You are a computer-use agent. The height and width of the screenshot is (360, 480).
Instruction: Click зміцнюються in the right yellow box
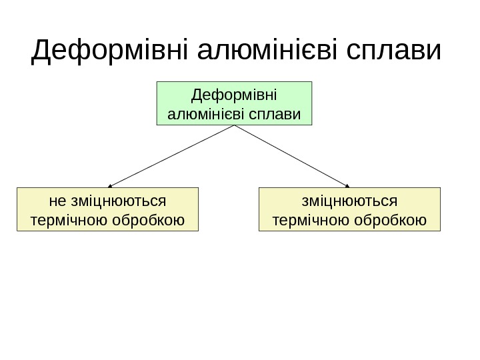pyautogui.click(x=349, y=200)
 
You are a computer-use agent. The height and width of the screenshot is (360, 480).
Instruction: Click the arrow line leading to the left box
pyautogui.click(x=172, y=155)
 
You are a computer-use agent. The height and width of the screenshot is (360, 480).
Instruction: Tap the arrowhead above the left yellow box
pyautogui.click(x=110, y=185)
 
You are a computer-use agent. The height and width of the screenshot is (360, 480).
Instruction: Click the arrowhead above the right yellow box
pyautogui.click(x=348, y=185)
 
